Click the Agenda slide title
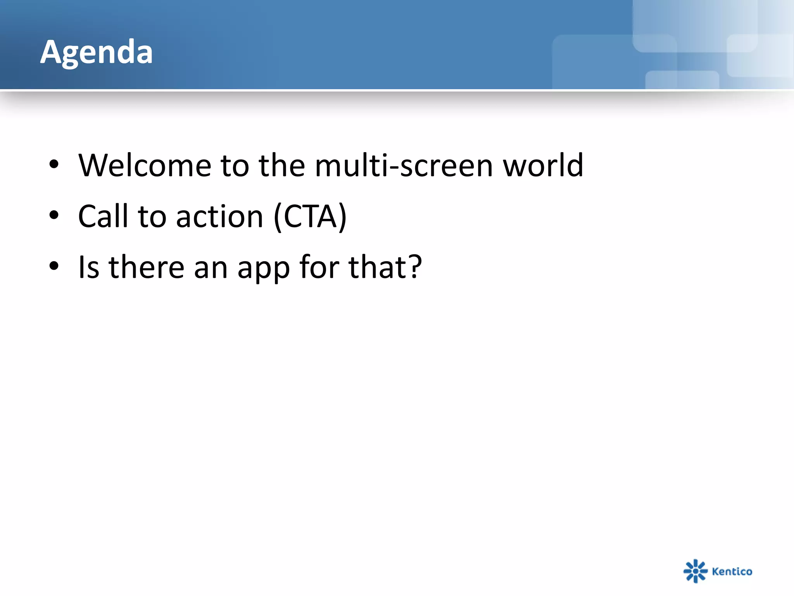(97, 52)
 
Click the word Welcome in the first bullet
(145, 165)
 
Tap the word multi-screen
(404, 165)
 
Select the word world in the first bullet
(543, 165)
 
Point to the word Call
(103, 216)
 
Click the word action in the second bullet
(219, 216)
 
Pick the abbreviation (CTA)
(310, 216)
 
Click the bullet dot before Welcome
(54, 165)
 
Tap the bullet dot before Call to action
(54, 215)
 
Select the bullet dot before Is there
(54, 266)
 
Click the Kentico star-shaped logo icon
(696, 571)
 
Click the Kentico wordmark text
(732, 571)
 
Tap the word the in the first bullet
(282, 165)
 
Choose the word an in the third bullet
(211, 268)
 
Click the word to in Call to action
(152, 216)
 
